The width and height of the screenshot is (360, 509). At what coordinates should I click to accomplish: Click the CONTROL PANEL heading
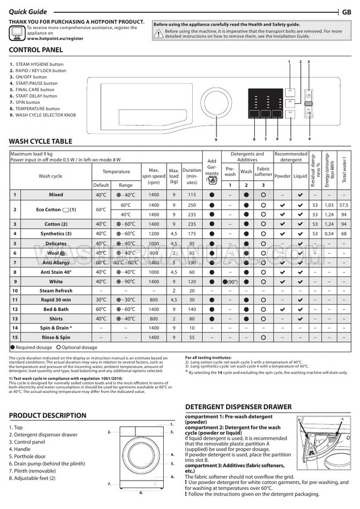(36, 50)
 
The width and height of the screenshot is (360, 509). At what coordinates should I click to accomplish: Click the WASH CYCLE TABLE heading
(41, 141)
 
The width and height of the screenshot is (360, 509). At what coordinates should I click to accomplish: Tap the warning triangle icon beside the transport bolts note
(158, 34)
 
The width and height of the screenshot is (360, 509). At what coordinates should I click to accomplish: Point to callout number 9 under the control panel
(215, 140)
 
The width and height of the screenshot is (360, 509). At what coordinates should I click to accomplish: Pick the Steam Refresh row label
(56, 290)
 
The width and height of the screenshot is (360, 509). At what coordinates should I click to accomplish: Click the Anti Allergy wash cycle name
(56, 262)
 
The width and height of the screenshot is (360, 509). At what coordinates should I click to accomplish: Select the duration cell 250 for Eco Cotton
(192, 205)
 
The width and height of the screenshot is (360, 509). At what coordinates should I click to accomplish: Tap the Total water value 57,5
(344, 205)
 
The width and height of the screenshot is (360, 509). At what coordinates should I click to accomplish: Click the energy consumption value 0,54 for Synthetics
(329, 233)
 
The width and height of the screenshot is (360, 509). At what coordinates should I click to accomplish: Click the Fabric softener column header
(263, 172)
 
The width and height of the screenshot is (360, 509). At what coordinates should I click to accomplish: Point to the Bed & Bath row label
(56, 309)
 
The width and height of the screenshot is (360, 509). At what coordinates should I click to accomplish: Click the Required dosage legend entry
(31, 347)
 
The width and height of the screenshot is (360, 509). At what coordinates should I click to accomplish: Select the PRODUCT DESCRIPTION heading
(48, 415)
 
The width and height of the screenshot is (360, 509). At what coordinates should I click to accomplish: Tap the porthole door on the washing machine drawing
(140, 458)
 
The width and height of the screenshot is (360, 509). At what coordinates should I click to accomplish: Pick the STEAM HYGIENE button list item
(39, 64)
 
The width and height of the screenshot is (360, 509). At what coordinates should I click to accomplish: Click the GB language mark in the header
(347, 12)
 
